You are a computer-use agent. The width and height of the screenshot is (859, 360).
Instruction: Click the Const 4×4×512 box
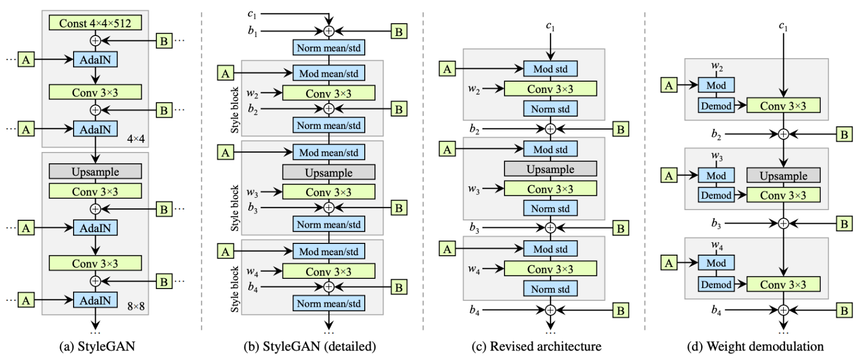(x=95, y=23)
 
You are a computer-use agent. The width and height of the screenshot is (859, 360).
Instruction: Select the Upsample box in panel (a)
(x=95, y=172)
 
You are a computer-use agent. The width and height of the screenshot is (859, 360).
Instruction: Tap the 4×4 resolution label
(x=136, y=139)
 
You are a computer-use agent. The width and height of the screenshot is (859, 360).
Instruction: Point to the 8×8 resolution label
(x=136, y=307)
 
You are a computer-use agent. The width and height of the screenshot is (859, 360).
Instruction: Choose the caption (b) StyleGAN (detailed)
(x=310, y=347)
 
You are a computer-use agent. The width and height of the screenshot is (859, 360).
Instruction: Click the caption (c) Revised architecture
(x=536, y=347)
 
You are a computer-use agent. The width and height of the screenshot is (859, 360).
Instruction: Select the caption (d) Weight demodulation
(x=755, y=347)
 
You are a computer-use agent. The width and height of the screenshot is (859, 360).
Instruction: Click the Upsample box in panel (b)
(x=329, y=173)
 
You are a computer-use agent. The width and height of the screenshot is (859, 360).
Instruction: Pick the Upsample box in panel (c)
(x=550, y=169)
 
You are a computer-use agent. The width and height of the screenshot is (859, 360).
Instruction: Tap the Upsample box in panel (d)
(x=783, y=176)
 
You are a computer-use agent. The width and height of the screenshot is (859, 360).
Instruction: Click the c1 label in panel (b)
(x=252, y=15)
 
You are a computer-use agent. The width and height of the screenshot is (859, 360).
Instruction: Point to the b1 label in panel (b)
(x=252, y=32)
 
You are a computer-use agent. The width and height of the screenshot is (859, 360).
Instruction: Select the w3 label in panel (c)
(x=474, y=190)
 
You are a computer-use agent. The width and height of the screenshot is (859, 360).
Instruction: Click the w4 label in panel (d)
(x=717, y=246)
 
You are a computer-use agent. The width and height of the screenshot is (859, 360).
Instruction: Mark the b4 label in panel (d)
(x=716, y=310)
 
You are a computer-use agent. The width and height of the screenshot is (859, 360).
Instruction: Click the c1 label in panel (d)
(x=783, y=26)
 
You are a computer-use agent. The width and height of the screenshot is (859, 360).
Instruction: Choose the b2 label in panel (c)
(x=474, y=129)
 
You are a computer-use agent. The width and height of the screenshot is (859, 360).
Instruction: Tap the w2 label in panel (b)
(x=252, y=93)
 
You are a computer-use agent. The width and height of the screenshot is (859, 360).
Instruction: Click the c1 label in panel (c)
(x=550, y=26)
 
